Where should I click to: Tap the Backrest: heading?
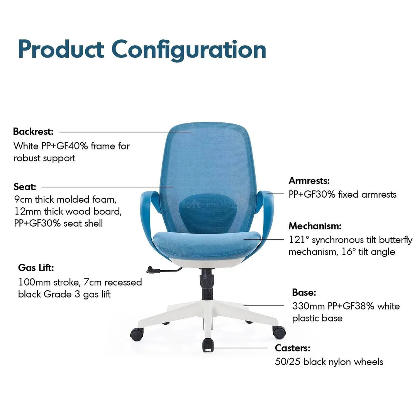pos(33,132)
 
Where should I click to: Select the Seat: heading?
pos(25,187)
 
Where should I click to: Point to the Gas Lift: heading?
pos(36,268)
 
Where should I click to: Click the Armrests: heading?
pos(309,181)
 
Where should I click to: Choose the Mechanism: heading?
pos(315,226)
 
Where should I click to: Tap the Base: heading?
pos(304,293)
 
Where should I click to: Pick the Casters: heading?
pos(293,348)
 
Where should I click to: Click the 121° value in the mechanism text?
pos(299,240)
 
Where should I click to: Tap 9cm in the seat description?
pos(23,200)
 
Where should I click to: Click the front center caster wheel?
pos(208,344)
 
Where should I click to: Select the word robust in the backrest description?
pos(27,158)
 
